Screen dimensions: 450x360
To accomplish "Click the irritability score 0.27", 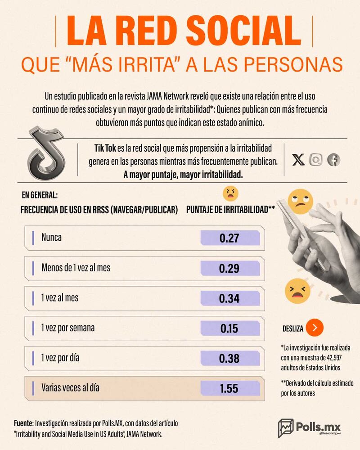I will pos(229,238).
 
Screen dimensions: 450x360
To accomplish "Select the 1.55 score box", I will pos(229,388).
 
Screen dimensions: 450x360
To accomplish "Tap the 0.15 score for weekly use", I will pos(229,328).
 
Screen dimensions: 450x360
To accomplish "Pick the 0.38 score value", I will pos(229,359).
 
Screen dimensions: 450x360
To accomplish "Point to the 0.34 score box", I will pos(229,298).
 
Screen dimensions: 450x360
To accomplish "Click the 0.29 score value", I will pos(229,268).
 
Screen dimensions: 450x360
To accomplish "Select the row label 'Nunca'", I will pos(51,237).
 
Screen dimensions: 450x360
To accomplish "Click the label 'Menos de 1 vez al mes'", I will pos(76,267).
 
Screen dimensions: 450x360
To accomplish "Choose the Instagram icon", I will pos(316,159).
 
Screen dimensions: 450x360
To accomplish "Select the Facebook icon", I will pos(334,159).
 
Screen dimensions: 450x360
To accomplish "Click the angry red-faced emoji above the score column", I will pos(230,193).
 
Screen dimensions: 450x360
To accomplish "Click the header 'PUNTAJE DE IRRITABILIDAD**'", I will pos(230,209).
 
